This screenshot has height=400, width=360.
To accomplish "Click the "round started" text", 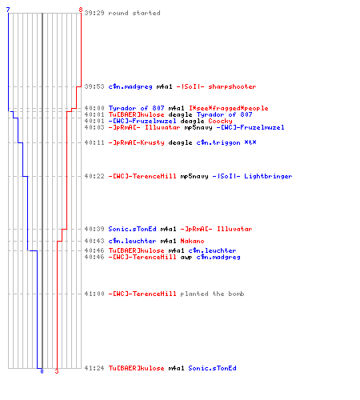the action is (134, 13).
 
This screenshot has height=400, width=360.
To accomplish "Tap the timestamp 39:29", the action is (94, 13).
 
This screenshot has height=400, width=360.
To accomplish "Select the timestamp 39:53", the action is (94, 86).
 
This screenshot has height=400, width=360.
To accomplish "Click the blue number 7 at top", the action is (8, 10).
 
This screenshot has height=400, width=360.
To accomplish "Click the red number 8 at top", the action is (81, 10).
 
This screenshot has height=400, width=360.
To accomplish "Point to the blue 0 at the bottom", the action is (42, 371).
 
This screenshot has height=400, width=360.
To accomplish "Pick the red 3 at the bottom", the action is (57, 371).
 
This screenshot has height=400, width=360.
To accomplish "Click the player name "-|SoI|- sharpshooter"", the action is (216, 86).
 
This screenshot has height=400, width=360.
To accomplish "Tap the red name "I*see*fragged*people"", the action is (229, 108).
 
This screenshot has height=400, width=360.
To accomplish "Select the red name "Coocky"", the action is (220, 121).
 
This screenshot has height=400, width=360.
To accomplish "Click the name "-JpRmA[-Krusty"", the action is (136, 142).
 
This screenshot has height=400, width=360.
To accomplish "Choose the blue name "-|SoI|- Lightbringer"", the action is (252, 176).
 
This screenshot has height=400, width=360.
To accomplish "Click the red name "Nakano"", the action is (192, 241).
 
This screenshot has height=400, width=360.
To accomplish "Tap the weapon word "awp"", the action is (186, 257).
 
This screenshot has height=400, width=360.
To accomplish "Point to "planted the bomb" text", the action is (212, 294).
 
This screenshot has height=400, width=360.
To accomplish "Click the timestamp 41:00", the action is (94, 294).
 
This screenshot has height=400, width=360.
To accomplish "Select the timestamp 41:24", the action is (94, 368).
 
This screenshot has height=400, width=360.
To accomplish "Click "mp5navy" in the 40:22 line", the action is (194, 176).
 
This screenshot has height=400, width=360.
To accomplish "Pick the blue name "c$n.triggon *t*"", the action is (226, 142).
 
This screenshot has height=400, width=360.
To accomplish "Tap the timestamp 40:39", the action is (94, 229).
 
